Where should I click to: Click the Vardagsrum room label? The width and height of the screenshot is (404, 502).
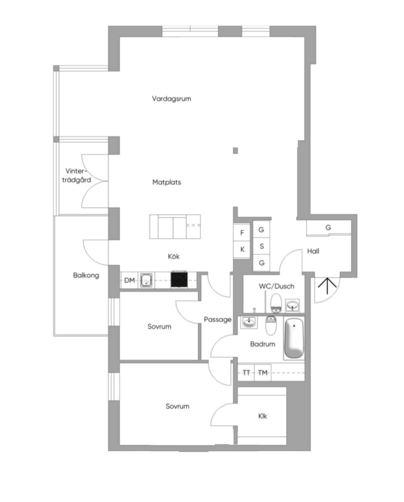pyautogui.click(x=172, y=99)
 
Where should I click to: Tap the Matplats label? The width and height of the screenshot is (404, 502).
pyautogui.click(x=167, y=182)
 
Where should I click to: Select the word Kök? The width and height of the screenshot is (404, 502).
pyautogui.click(x=174, y=256)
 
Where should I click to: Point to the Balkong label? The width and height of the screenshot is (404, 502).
pyautogui.click(x=86, y=275)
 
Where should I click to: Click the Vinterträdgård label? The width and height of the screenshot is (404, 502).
pyautogui.click(x=76, y=175)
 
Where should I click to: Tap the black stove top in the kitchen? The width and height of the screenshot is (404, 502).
pyautogui.click(x=179, y=279)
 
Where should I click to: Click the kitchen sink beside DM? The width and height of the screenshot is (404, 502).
pyautogui.click(x=147, y=280)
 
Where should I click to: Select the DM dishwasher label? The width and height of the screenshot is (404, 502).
pyautogui.click(x=129, y=280)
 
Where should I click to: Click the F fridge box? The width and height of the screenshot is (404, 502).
pyautogui.click(x=242, y=233)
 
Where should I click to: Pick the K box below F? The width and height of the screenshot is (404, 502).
pyautogui.click(x=242, y=250)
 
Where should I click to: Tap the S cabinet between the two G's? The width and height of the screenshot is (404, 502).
pyautogui.click(x=262, y=246)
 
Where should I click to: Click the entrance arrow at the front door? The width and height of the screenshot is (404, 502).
pyautogui.click(x=327, y=286)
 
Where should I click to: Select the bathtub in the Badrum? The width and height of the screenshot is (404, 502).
pyautogui.click(x=294, y=338)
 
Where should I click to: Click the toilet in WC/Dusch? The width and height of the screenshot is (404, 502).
pyautogui.click(x=276, y=303)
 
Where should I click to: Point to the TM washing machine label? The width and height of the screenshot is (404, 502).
pyautogui.click(x=263, y=373)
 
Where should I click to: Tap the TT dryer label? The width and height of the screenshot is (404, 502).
pyautogui.click(x=246, y=373)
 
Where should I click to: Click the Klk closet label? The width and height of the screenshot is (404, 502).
pyautogui.click(x=263, y=416)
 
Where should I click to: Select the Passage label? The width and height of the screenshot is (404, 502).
pyautogui.click(x=218, y=319)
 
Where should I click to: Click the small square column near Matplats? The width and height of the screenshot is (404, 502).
pyautogui.click(x=236, y=151)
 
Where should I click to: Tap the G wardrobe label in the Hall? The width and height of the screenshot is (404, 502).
pyautogui.click(x=328, y=228)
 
